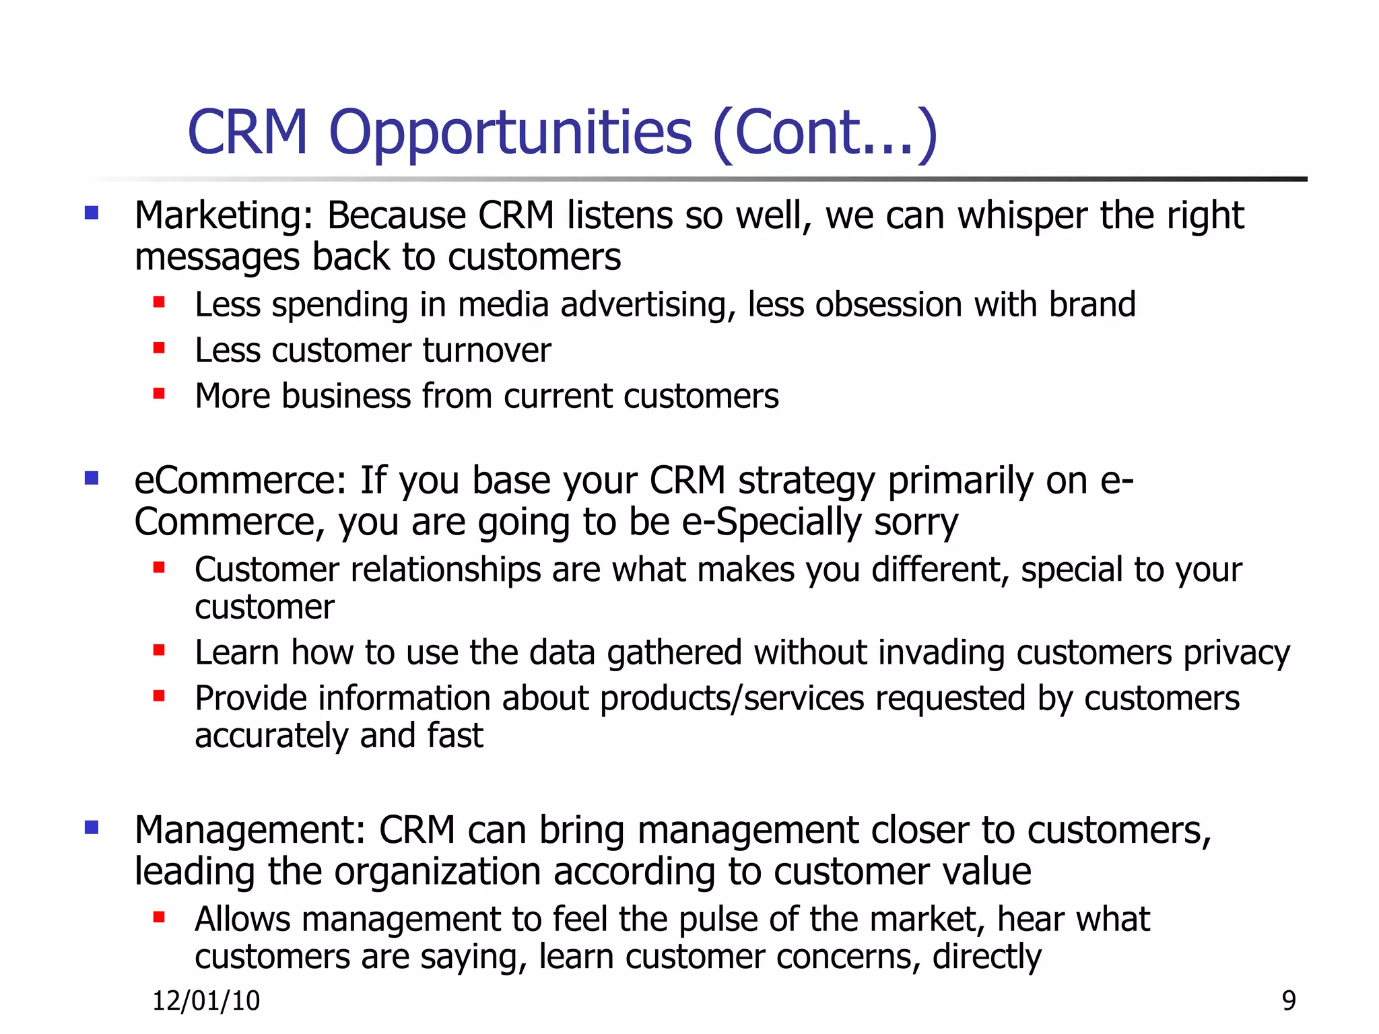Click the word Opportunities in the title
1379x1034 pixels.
coord(510,133)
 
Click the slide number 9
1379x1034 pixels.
coord(1289,1001)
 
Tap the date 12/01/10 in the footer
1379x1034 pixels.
coord(206,1001)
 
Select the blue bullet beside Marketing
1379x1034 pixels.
coord(92,213)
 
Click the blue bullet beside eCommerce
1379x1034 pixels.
coord(92,478)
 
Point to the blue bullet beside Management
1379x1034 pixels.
coord(92,827)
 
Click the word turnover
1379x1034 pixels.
coord(487,351)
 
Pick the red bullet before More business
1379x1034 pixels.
coord(159,394)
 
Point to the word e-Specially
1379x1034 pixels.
coord(772,523)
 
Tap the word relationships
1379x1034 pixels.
coord(446,570)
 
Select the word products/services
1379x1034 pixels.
coord(732,699)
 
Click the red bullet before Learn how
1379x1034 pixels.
coord(159,650)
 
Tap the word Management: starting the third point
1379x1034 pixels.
coord(250,831)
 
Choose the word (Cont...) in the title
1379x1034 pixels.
coord(824,133)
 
